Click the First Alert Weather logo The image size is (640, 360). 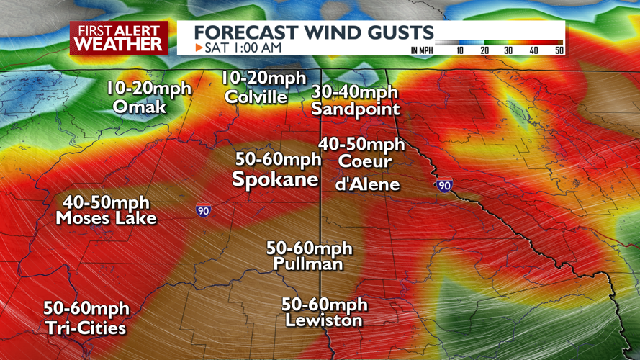(119, 37)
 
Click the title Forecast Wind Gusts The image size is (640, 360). (314, 32)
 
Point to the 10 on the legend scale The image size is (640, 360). (460, 50)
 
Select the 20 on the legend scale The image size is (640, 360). (484, 50)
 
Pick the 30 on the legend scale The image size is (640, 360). (508, 50)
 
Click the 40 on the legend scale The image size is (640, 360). (533, 50)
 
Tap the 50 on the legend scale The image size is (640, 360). (559, 50)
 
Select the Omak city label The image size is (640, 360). (140, 107)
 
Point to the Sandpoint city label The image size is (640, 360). (355, 109)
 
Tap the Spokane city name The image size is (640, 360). (275, 179)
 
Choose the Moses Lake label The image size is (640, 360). (106, 217)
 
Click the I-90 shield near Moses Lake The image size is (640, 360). (204, 211)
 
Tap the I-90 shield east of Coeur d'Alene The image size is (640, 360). (444, 186)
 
